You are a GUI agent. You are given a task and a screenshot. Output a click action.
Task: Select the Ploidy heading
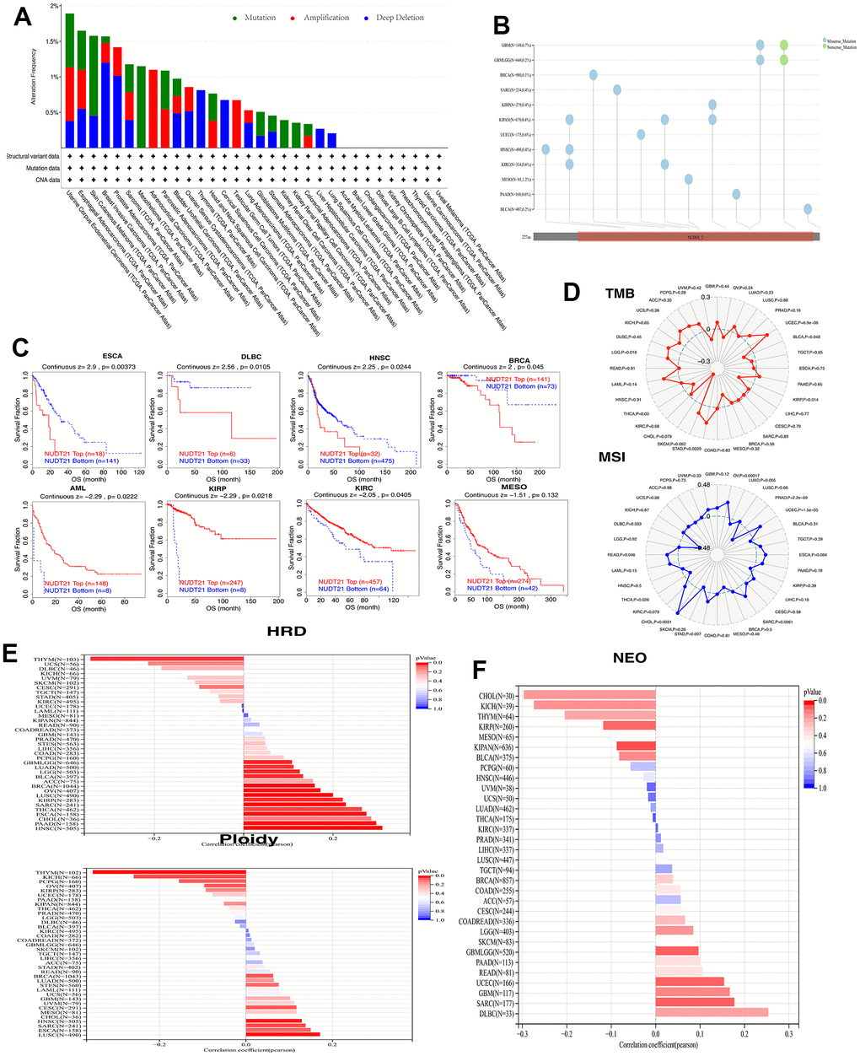(248, 838)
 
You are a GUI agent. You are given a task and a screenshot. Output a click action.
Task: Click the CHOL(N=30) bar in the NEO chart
(589, 695)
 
